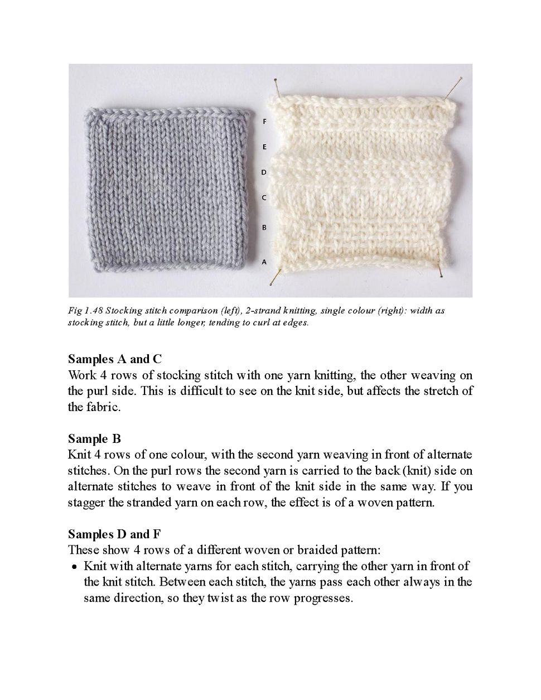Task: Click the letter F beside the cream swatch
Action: point(264,121)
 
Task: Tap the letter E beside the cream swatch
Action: point(264,147)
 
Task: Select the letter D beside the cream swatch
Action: point(264,172)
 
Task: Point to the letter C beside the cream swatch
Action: point(264,198)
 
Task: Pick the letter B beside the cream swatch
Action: point(264,228)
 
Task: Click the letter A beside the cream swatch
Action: point(264,261)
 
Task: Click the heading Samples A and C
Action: point(115,359)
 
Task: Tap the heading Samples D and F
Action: point(115,534)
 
